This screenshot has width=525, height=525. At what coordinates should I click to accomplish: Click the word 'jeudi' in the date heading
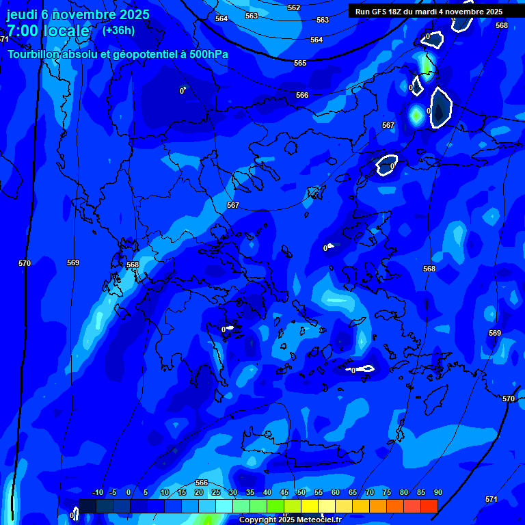(x=22, y=14)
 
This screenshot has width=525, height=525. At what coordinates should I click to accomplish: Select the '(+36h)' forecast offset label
(x=118, y=30)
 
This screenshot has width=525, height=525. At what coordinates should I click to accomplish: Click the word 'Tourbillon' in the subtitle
(x=36, y=54)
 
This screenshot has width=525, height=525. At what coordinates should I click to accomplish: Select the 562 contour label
(x=294, y=8)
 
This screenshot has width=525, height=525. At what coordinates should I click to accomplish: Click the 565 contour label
(x=300, y=63)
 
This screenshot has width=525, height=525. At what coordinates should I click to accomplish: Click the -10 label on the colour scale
(x=97, y=493)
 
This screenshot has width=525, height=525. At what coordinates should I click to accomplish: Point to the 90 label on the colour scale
(x=437, y=493)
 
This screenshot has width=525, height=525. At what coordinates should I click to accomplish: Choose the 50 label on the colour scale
(x=301, y=493)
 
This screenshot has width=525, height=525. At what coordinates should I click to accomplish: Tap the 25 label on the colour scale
(x=215, y=493)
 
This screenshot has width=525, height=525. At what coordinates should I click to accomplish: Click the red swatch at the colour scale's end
(x=429, y=506)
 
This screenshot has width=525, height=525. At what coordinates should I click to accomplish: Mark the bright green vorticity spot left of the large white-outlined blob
(x=416, y=115)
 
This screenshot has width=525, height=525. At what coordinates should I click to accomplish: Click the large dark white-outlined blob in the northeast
(x=442, y=107)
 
